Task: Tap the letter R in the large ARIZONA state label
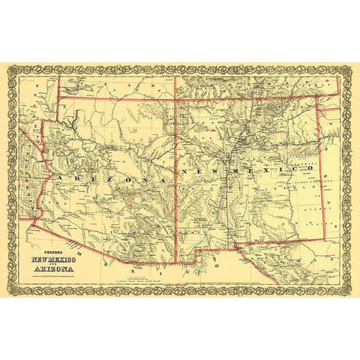tap(73, 175)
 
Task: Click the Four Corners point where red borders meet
tap(175, 99)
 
